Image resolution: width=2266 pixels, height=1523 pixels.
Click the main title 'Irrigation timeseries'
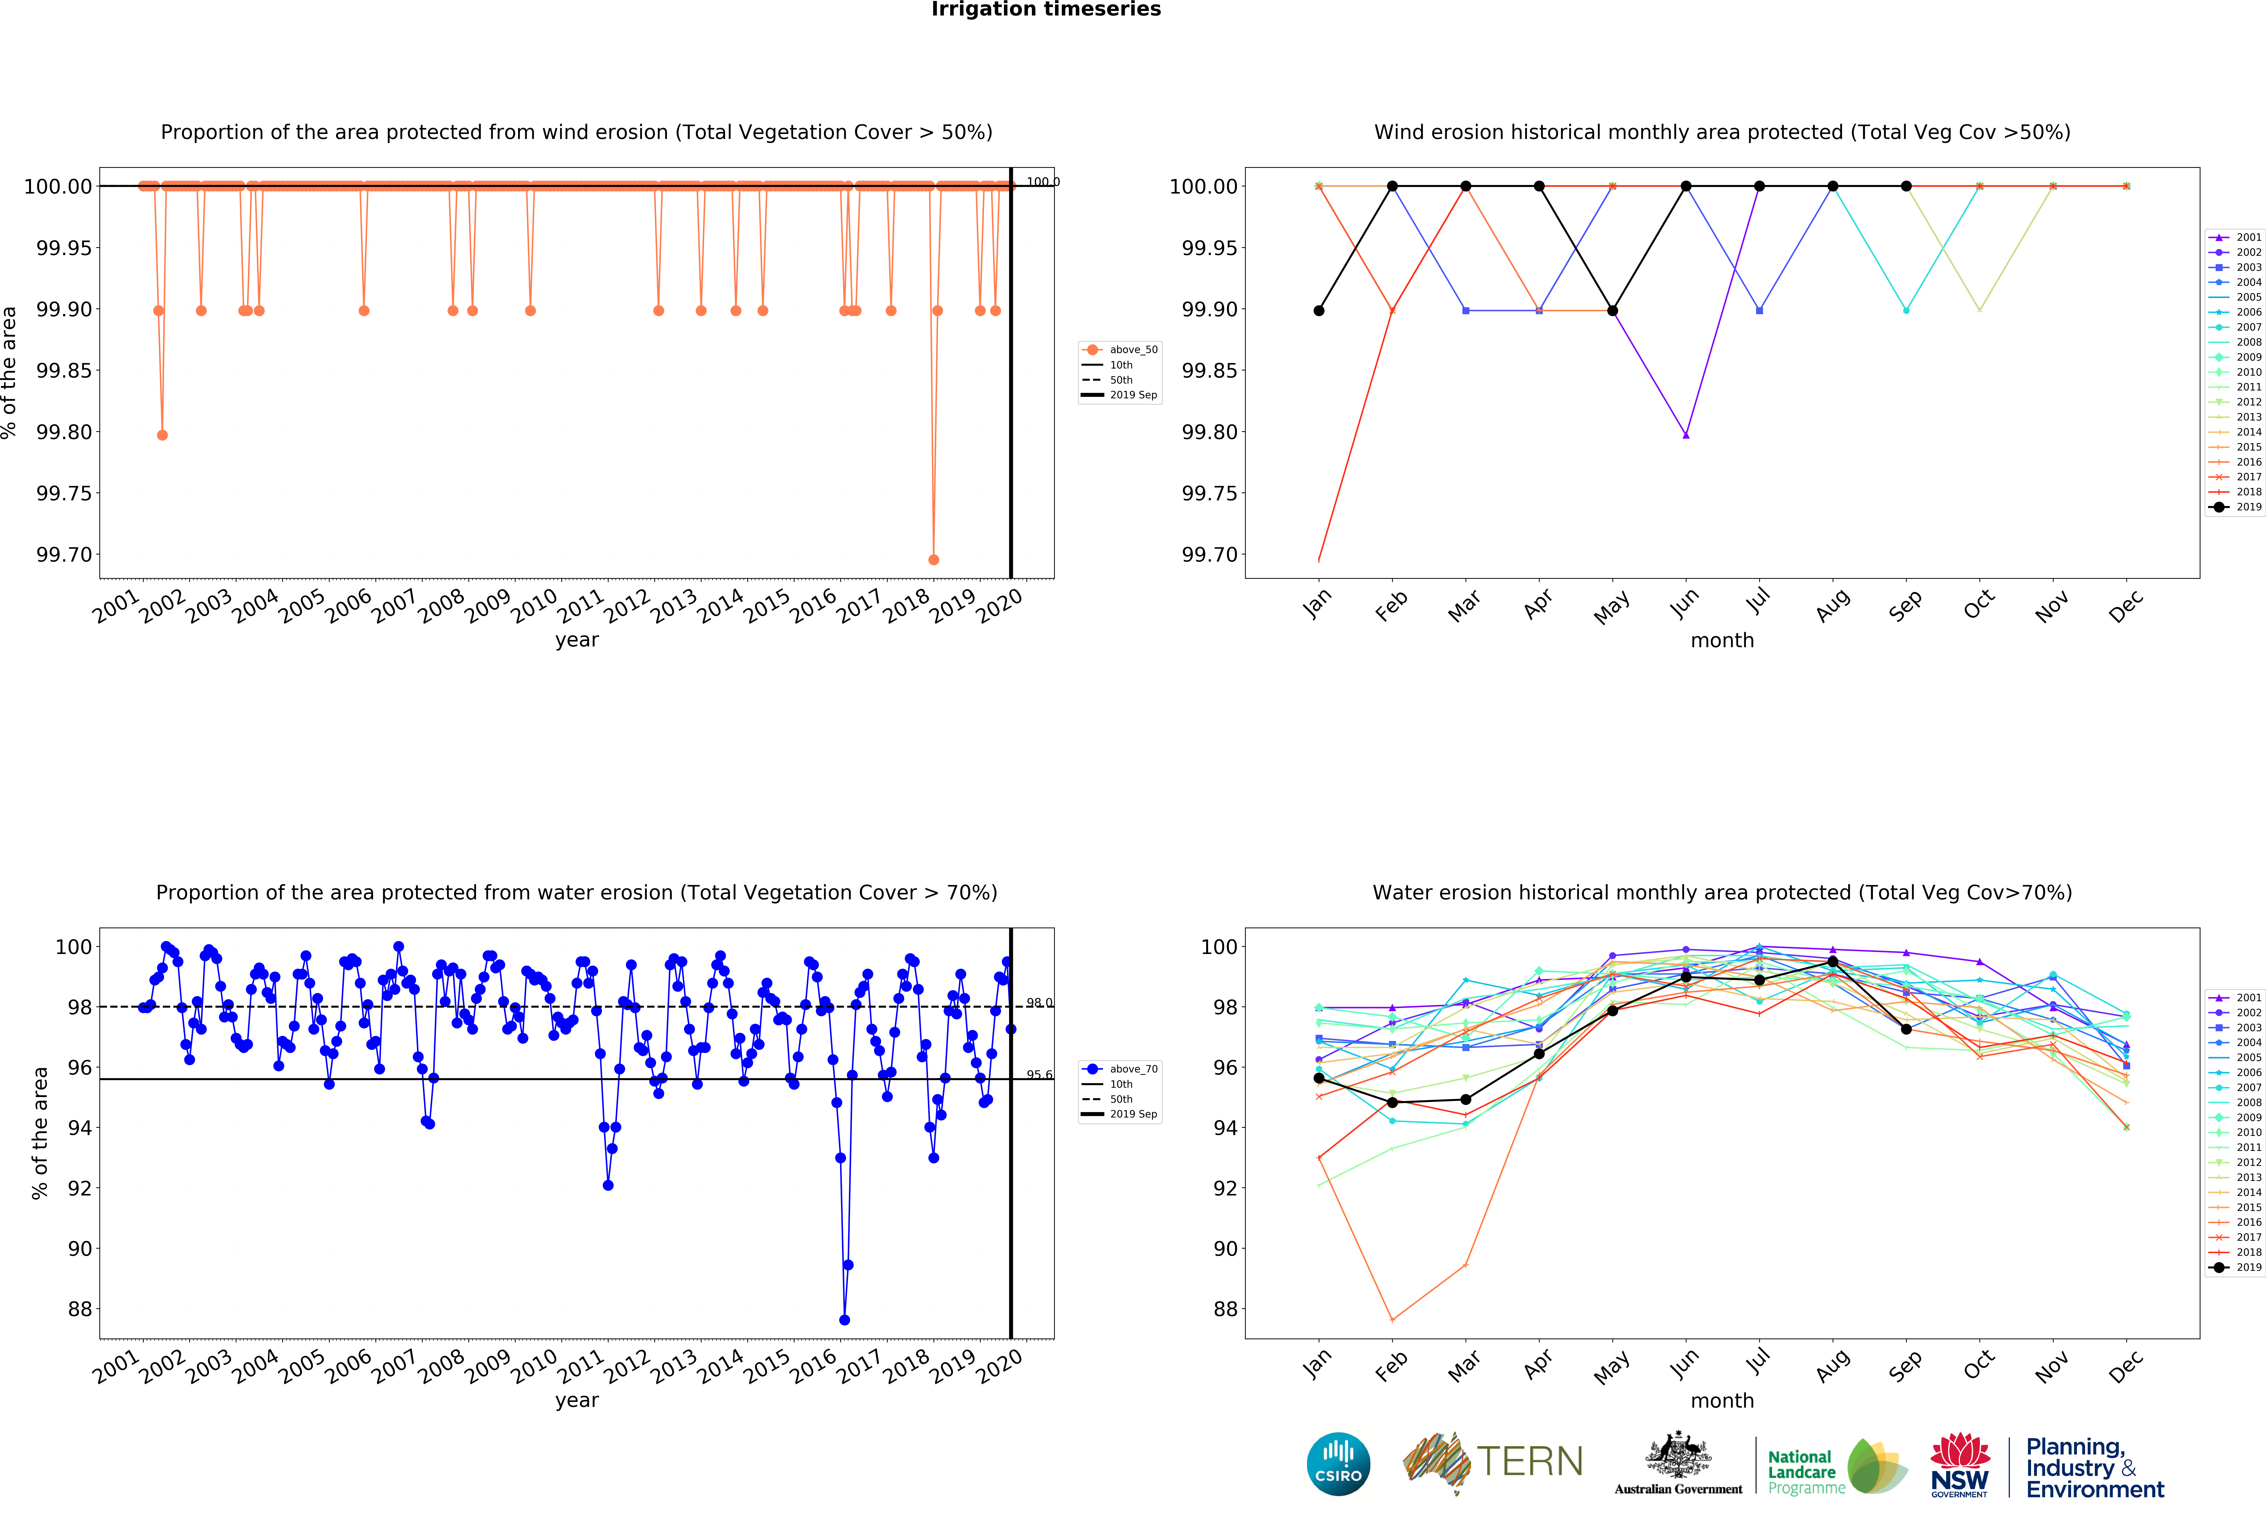pos(1046,10)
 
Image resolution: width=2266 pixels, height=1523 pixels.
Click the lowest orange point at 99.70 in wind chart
pos(933,559)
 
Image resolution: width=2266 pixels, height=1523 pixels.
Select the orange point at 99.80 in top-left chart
pos(162,435)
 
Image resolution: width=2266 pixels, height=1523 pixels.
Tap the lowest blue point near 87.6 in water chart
pos(844,1320)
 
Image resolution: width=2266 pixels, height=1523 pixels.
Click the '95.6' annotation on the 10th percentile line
pos(1039,1075)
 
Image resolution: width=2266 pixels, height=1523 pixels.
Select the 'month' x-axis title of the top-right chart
pos(1722,640)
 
